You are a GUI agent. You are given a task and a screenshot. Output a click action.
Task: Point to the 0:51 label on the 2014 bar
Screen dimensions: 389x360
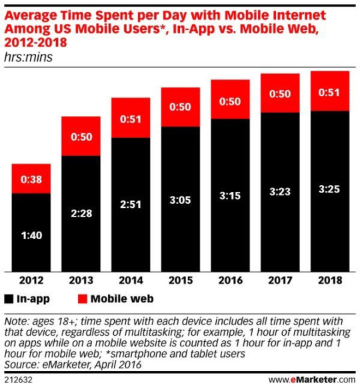click(x=130, y=119)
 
